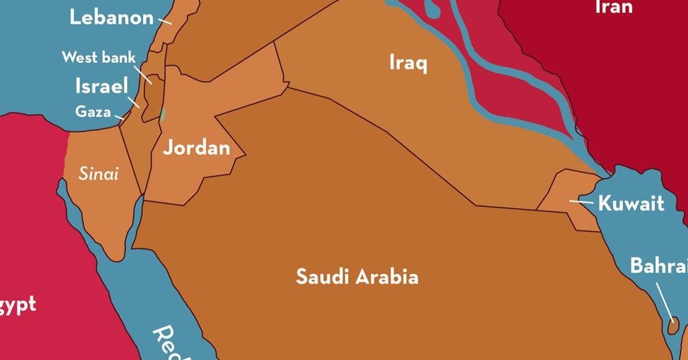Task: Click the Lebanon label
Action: (x=112, y=17)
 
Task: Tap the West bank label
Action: (x=99, y=58)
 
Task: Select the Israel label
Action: (x=101, y=87)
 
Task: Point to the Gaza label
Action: (x=93, y=111)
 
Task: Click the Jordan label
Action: (x=196, y=148)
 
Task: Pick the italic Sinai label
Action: (x=99, y=174)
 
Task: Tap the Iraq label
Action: (x=408, y=64)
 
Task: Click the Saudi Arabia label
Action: (x=357, y=277)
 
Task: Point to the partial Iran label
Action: (x=613, y=7)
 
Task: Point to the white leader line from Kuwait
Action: (x=581, y=201)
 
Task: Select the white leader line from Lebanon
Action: (x=165, y=21)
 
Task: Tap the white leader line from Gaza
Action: (x=119, y=118)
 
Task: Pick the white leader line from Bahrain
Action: (x=663, y=302)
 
